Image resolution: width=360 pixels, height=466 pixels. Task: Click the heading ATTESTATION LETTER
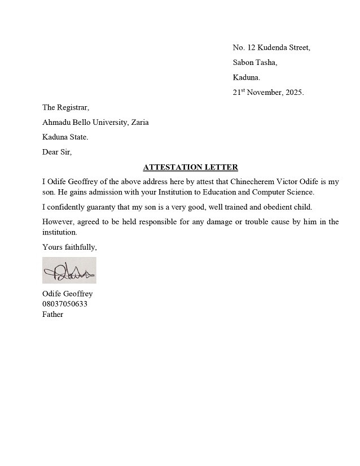coord(190,167)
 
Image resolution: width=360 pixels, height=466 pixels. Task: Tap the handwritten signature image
coord(69,271)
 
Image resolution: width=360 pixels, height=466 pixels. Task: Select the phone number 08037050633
coord(64,304)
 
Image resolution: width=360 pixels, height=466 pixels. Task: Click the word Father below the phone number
coord(52,314)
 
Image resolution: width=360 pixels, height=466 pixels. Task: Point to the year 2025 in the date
coord(293,93)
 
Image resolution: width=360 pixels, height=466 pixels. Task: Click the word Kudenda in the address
coord(272,47)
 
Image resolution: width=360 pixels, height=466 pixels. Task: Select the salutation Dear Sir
coord(57,151)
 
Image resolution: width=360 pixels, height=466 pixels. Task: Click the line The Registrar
coord(65,107)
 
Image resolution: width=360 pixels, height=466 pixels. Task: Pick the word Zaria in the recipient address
coord(139,122)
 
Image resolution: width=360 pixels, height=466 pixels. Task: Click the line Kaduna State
coord(65,137)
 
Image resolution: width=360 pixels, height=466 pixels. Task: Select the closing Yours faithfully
coord(69,247)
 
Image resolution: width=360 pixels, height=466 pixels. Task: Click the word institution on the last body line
coord(59,232)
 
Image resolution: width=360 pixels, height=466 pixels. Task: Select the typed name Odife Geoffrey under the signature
coord(67,294)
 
